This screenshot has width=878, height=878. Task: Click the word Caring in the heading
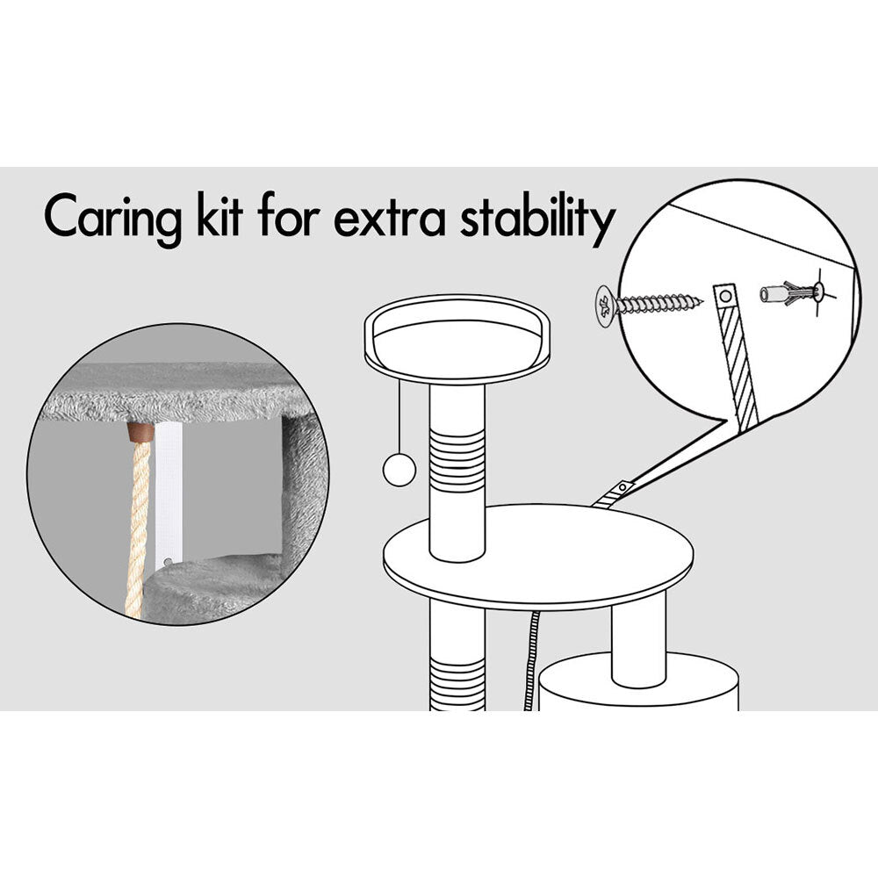click(x=113, y=219)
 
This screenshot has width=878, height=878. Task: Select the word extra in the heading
click(x=389, y=219)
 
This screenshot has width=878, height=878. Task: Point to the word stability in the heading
click(x=538, y=219)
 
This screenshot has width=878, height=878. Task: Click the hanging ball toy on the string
click(x=399, y=469)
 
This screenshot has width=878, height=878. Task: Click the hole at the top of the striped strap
click(x=726, y=295)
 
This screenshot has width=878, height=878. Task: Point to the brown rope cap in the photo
click(x=140, y=432)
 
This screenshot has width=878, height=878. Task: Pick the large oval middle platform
click(x=538, y=557)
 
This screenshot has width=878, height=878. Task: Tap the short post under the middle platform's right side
click(x=639, y=639)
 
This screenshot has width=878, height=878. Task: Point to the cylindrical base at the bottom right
click(x=639, y=682)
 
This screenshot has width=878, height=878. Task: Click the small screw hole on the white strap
click(x=168, y=561)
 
